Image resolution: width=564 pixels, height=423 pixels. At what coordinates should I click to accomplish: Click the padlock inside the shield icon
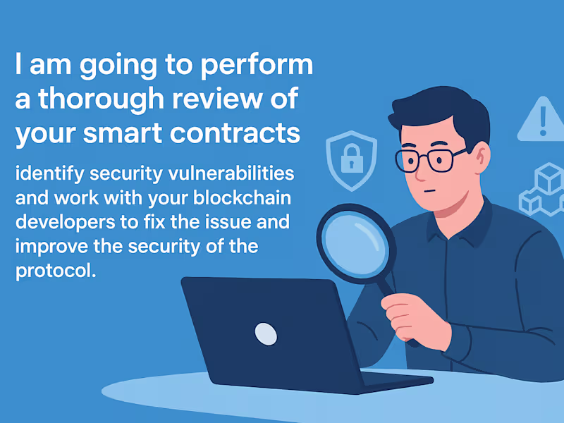(351, 160)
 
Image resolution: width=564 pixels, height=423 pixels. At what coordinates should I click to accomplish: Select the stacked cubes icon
(542, 189)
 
